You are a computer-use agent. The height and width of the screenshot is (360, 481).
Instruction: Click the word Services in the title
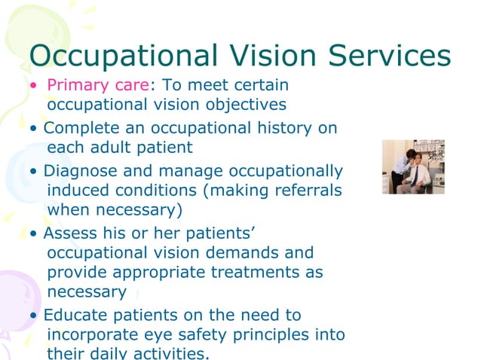tap(385, 55)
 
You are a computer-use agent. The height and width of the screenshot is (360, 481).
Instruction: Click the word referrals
tap(305, 191)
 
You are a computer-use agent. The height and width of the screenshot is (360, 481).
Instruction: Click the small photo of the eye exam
tap(412, 166)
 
